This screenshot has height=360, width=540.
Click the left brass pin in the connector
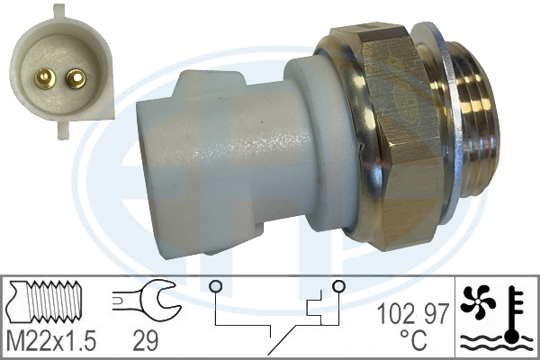(x=45, y=78)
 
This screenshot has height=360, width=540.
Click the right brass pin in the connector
(x=76, y=79)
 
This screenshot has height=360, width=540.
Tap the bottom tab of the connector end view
(x=64, y=130)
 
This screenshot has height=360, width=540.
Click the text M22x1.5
(x=51, y=340)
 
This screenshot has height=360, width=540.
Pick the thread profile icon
(x=45, y=302)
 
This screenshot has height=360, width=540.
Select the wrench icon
(x=147, y=301)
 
